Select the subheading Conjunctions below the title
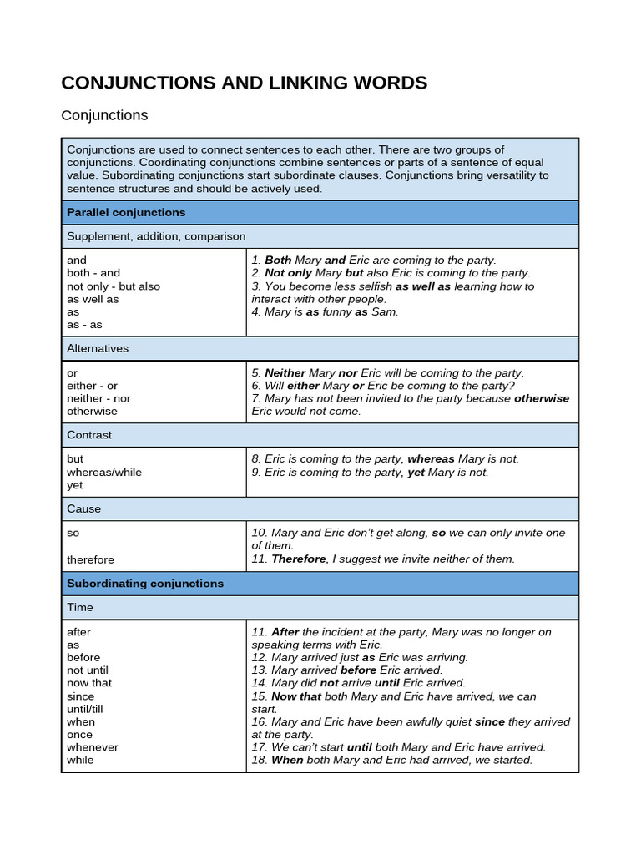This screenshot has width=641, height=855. (x=104, y=115)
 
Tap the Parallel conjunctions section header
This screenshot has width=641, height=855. (x=126, y=213)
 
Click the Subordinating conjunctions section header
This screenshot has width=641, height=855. (x=145, y=584)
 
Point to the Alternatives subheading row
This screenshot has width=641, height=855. (x=98, y=348)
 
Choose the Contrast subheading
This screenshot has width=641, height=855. (x=89, y=435)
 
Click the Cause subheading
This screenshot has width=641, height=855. (x=84, y=508)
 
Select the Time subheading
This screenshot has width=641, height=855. (x=80, y=607)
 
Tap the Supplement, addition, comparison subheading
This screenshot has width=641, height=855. (x=156, y=236)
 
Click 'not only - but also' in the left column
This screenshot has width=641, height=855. (x=114, y=286)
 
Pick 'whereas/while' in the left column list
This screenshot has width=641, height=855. (x=104, y=472)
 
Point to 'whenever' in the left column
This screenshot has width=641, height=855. (x=93, y=747)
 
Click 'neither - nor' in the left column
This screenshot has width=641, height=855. (x=98, y=398)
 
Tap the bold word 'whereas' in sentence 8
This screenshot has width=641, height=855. (x=431, y=459)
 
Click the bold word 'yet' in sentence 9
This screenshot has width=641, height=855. (x=416, y=473)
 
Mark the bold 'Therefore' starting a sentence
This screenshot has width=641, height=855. (x=298, y=559)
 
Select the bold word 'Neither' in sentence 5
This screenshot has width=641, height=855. (x=285, y=373)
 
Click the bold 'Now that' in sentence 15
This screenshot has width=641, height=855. (x=295, y=696)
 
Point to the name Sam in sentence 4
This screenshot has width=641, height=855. (x=384, y=311)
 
